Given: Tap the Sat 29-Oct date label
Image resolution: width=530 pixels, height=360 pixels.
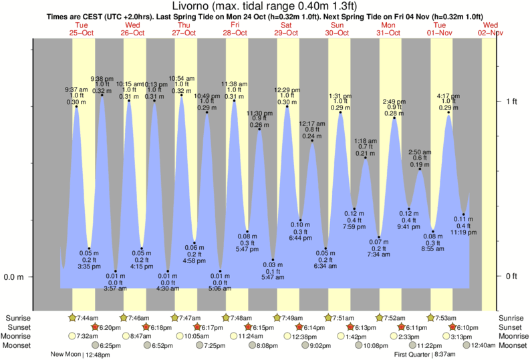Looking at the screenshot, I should click(x=286, y=28).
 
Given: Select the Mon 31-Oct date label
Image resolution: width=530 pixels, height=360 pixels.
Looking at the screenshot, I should click(x=388, y=28).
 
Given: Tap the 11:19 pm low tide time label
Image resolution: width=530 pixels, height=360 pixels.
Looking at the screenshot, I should click(x=463, y=232).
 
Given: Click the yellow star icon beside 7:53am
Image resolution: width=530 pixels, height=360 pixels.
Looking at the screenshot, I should click(x=432, y=318).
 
